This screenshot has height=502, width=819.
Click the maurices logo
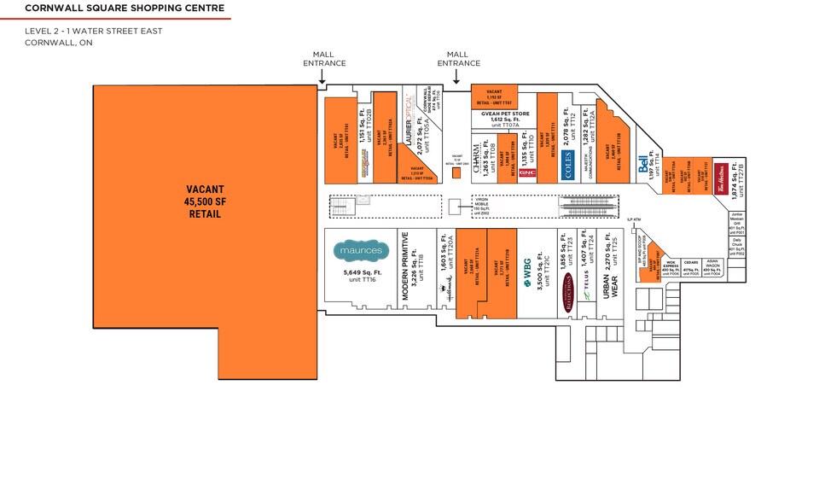tap(361, 250)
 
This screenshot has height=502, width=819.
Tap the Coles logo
tap(569, 170)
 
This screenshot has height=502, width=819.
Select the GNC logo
tap(527, 172)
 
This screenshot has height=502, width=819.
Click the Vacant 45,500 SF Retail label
tap(203, 201)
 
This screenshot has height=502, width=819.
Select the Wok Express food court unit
tap(671, 268)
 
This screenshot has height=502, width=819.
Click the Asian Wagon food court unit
tap(714, 268)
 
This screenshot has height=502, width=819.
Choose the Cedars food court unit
tap(692, 268)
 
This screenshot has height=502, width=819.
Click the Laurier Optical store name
tap(409, 121)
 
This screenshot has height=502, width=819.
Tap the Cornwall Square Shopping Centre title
tap(125, 9)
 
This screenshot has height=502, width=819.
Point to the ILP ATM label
tap(634, 221)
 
